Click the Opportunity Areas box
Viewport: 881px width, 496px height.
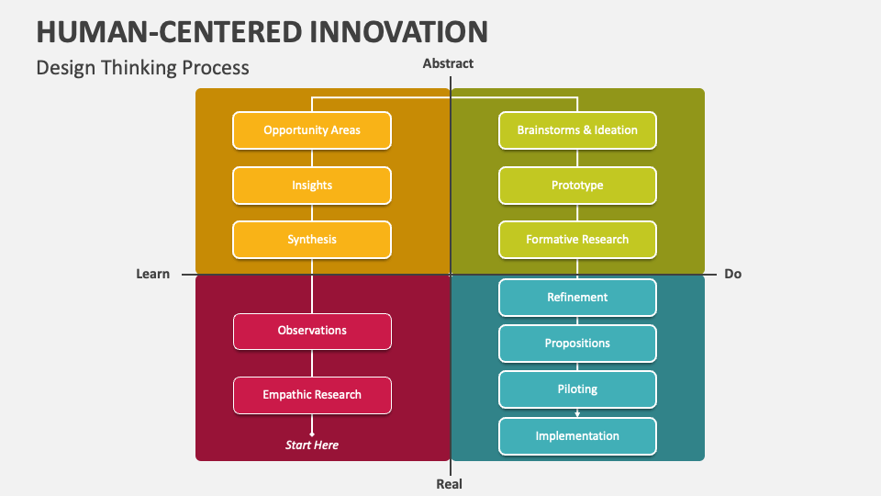click(312, 130)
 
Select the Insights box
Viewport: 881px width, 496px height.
click(312, 186)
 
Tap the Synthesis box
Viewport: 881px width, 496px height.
click(312, 240)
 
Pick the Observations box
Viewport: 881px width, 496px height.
click(312, 331)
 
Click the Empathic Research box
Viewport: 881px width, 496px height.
click(312, 395)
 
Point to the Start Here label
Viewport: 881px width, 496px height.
click(312, 445)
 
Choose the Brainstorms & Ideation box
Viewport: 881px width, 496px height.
click(577, 130)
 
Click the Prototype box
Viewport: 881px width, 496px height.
click(577, 186)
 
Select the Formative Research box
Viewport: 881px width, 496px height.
click(577, 240)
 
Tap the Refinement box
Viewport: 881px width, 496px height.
click(577, 298)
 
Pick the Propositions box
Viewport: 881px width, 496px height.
click(577, 344)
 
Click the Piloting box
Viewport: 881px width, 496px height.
click(577, 389)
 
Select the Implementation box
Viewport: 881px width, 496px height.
click(577, 436)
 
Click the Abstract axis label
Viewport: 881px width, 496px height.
click(448, 63)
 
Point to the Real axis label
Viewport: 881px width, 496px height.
click(449, 484)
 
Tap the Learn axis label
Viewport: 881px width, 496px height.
click(152, 274)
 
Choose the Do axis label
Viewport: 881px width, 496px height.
click(732, 274)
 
